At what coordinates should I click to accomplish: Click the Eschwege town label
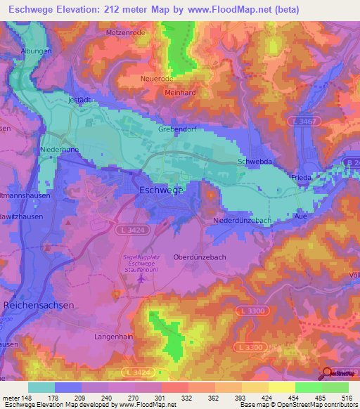pos(161,190)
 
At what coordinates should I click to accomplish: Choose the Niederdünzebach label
pos(243,221)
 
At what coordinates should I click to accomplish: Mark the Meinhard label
pos(179,92)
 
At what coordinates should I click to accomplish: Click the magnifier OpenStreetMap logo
pos(328,373)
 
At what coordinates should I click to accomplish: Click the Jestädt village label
pos(79,100)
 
